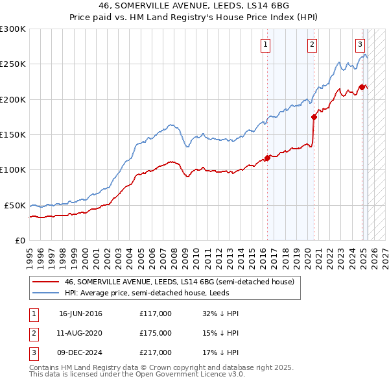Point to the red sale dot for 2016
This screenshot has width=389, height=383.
coord(266,158)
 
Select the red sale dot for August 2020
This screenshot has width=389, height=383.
coord(314,117)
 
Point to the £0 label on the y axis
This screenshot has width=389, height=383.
coord(19,240)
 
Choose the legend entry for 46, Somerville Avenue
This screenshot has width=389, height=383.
coord(179,282)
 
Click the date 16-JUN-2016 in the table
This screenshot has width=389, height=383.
coord(80,314)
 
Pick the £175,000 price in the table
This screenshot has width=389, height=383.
coord(155,333)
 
